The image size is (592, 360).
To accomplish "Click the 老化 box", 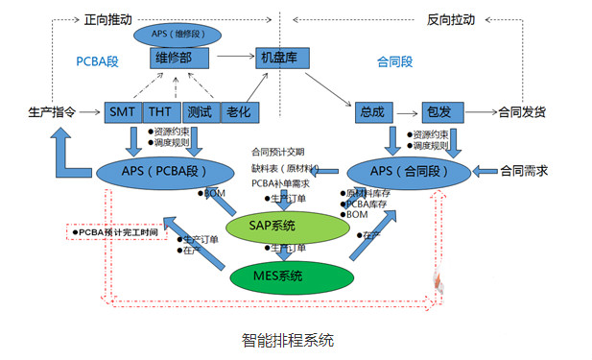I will [x=234, y=112].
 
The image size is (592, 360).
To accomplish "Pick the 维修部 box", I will [x=179, y=59].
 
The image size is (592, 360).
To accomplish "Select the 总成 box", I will [x=374, y=112].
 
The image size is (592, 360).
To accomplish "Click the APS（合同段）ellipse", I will [x=408, y=171].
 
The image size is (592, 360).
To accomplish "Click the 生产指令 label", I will [x=53, y=112].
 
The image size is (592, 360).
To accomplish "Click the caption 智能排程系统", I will [x=289, y=339].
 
